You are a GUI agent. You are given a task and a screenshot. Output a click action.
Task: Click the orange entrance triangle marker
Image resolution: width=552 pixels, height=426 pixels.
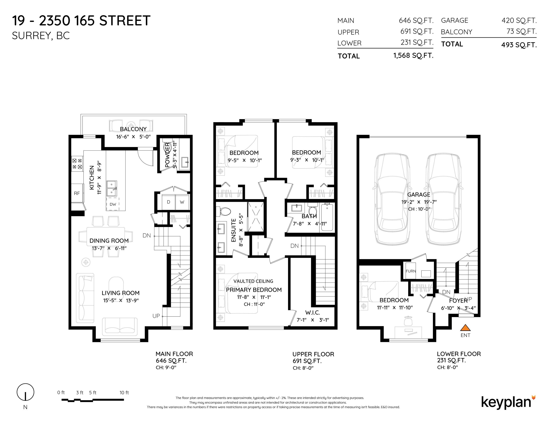(465, 328)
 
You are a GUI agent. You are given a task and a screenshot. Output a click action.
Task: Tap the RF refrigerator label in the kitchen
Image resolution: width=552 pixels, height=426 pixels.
(77, 193)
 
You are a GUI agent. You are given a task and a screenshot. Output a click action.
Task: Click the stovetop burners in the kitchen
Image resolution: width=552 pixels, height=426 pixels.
(77, 163)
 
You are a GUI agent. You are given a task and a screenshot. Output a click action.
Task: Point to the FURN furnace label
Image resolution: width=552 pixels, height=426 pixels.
(411, 271)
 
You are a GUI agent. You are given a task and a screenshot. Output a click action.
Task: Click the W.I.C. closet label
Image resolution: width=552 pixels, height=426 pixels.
(313, 312)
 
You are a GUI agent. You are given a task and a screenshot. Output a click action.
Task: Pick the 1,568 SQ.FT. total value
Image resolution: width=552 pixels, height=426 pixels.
(413, 55)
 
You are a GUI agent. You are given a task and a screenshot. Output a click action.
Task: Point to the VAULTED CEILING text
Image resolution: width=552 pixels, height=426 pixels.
(253, 281)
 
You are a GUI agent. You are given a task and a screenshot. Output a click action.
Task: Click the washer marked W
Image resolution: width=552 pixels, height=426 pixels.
(182, 202)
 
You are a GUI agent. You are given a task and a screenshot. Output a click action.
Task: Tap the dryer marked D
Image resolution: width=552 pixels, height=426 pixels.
(168, 202)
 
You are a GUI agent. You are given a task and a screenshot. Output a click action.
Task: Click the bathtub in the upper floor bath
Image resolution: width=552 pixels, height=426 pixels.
(327, 218)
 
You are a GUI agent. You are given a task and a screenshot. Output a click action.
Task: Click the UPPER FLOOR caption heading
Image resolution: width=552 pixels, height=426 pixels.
(313, 354)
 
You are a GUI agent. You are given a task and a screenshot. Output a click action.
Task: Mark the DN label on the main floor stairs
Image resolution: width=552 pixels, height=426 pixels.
(147, 235)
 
